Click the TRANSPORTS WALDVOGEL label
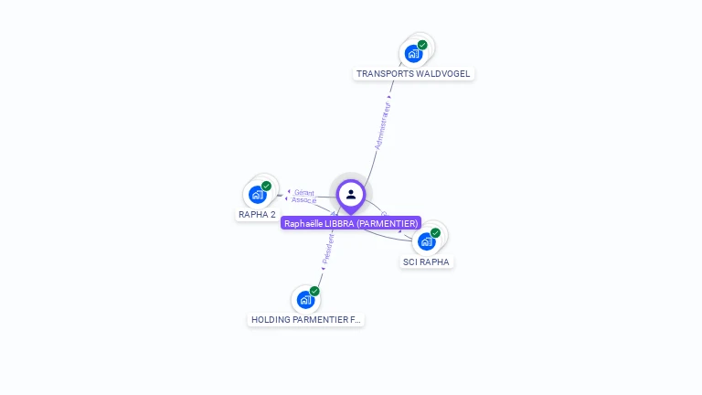[x=414, y=74]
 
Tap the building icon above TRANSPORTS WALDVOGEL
[x=413, y=54]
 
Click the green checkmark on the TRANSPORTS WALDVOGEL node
[x=422, y=45]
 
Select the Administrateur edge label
[x=383, y=125]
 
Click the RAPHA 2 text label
[x=257, y=215]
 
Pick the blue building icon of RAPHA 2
[x=257, y=195]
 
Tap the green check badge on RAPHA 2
[x=266, y=186]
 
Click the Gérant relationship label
[x=304, y=193]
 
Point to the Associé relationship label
[x=304, y=200]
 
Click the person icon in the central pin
[x=351, y=194]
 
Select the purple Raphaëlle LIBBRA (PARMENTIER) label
[x=351, y=223]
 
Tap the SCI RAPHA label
[x=427, y=262]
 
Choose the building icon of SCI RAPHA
[x=426, y=241]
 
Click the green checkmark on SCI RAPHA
[x=435, y=232]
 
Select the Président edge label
[x=328, y=248]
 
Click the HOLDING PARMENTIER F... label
[x=306, y=320]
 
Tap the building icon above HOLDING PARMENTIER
[x=305, y=299]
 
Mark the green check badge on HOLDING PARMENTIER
[x=314, y=291]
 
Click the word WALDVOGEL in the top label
[x=443, y=74]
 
